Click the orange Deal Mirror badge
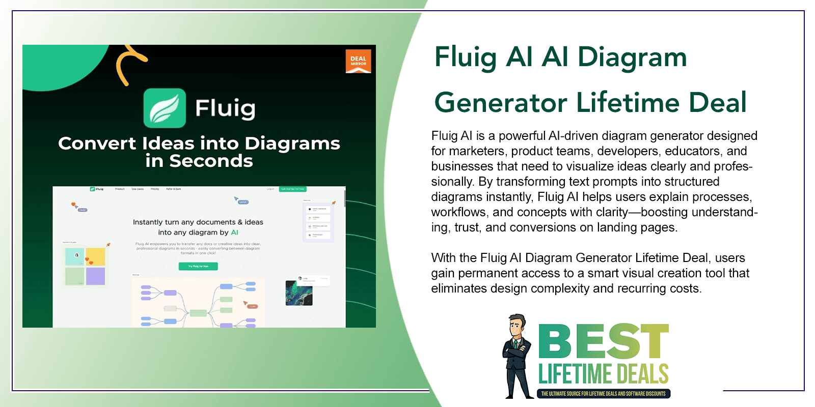pyautogui.click(x=358, y=61)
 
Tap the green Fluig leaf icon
pyautogui.click(x=165, y=108)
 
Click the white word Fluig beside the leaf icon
pyautogui.click(x=225, y=108)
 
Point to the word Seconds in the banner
pyautogui.click(x=211, y=161)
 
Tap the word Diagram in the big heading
pyautogui.click(x=632, y=57)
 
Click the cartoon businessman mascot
pyautogui.click(x=518, y=356)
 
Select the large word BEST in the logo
pyautogui.click(x=604, y=341)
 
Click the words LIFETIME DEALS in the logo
pyautogui.click(x=604, y=374)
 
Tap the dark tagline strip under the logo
pyautogui.click(x=604, y=393)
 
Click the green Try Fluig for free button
pyautogui.click(x=198, y=266)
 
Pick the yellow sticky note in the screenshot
pyautogui.click(x=95, y=256)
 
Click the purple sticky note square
pyautogui.click(x=95, y=276)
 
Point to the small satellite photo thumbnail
pyautogui.click(x=298, y=293)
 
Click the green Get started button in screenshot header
pyautogui.click(x=293, y=189)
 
